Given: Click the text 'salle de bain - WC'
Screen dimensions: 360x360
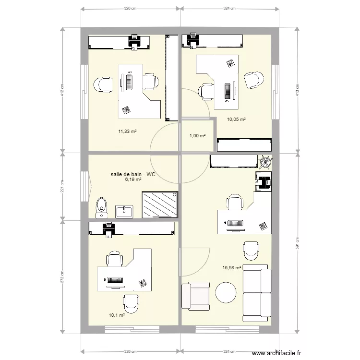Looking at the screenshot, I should [x=133, y=174].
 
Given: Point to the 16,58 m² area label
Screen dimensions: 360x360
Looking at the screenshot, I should [x=231, y=268].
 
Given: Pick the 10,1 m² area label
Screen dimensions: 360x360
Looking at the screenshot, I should [x=117, y=315].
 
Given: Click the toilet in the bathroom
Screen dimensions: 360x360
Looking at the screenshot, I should [x=100, y=204].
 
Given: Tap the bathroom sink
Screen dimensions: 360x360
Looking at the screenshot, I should [x=125, y=211].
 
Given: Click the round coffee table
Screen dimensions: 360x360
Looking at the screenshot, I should [x=226, y=292].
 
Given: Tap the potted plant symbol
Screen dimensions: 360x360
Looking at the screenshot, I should [x=264, y=161].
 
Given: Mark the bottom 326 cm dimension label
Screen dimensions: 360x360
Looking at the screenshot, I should [x=130, y=351].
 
